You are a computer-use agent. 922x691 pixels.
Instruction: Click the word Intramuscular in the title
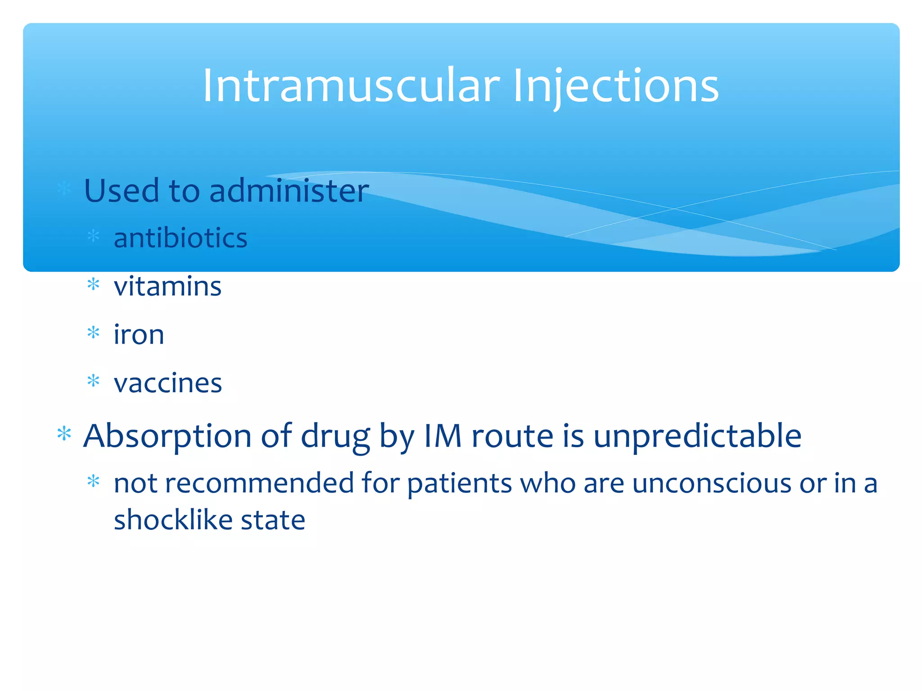pos(351,85)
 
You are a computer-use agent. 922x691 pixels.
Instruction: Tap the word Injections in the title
pos(615,85)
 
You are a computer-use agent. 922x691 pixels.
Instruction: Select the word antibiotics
pos(180,238)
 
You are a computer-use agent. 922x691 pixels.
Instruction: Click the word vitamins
pos(167,287)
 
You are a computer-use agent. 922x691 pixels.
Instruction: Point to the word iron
pos(139,335)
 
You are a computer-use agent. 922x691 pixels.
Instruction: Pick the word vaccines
pos(167,384)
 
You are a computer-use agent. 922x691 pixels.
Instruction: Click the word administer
pos(289,191)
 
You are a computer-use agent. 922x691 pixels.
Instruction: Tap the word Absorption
pos(167,436)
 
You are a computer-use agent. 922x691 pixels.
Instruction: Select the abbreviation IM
pos(443,436)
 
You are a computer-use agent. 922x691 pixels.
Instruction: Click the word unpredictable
pos(697,436)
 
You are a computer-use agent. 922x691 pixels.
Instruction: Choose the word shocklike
pos(173,520)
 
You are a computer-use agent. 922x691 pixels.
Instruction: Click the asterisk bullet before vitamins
pos(93,284)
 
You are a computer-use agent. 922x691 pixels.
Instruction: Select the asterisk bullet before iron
pos(93,333)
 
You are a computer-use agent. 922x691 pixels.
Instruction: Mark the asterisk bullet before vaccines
pos(93,381)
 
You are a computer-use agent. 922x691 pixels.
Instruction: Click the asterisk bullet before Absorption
pos(64,434)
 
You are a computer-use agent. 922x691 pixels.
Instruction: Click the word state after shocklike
pos(273,520)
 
